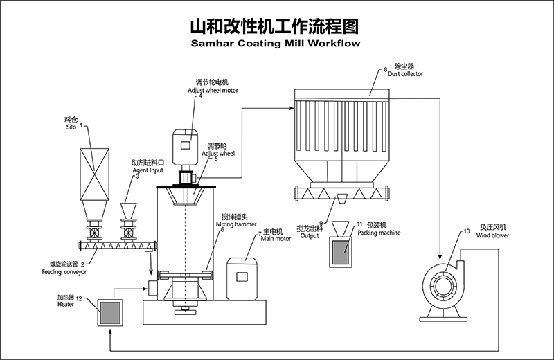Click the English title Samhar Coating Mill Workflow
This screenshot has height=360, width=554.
(x=276, y=43)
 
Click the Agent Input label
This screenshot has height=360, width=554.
(x=148, y=169)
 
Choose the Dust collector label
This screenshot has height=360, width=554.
(x=405, y=73)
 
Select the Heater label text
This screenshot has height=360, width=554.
(x=66, y=305)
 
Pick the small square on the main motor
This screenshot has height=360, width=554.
(x=242, y=276)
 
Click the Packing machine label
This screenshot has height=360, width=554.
(x=379, y=233)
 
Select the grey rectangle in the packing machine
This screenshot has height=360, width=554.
(x=341, y=253)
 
